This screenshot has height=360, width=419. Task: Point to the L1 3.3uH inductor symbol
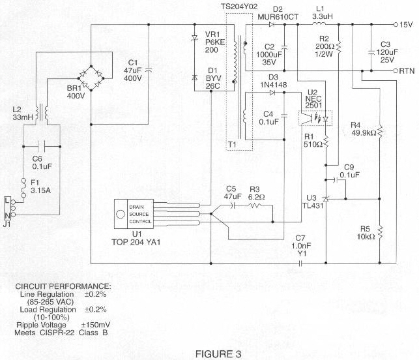319,25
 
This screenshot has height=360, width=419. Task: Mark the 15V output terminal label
405,25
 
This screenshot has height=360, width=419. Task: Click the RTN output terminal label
407,70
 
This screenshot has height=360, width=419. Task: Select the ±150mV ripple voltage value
96,325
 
